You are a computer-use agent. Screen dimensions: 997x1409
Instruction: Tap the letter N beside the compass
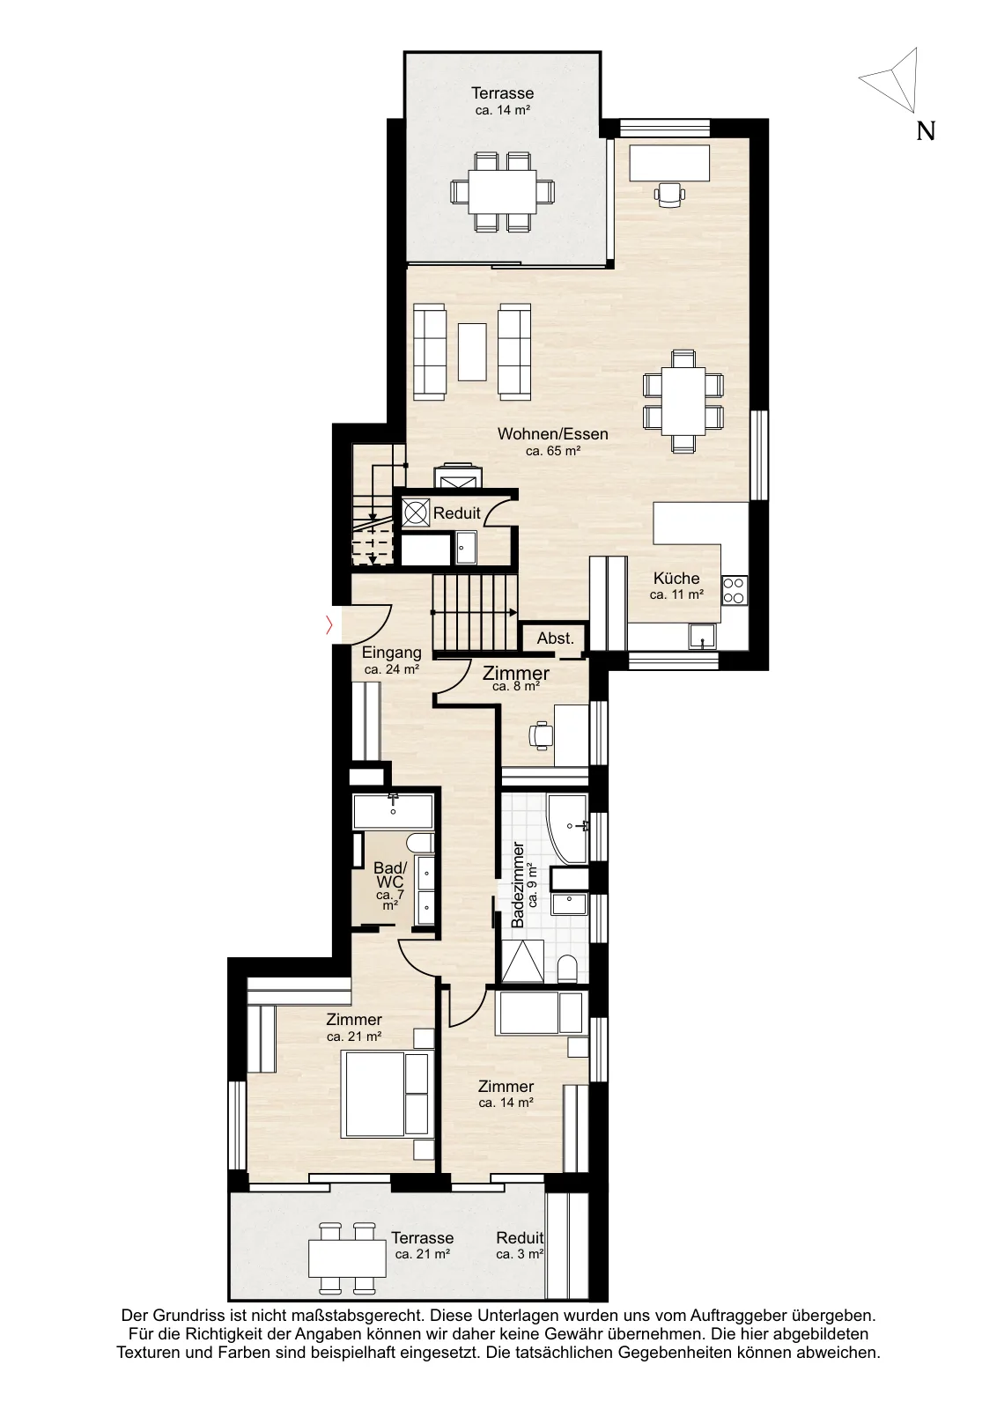[926, 131]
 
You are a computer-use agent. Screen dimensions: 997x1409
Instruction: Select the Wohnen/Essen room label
[552, 433]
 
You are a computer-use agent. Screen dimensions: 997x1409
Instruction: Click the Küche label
[676, 578]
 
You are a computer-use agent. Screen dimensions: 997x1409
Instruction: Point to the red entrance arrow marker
[329, 625]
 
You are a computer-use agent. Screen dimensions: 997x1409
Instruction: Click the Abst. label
[556, 638]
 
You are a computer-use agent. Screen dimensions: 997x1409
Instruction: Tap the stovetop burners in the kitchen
[734, 591]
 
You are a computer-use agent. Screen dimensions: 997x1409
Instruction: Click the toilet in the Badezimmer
[568, 969]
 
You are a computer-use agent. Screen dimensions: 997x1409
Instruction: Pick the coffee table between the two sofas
[472, 351]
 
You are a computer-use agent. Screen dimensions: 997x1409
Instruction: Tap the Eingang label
[391, 653]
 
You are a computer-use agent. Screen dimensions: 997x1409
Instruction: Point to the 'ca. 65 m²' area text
[552, 450]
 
